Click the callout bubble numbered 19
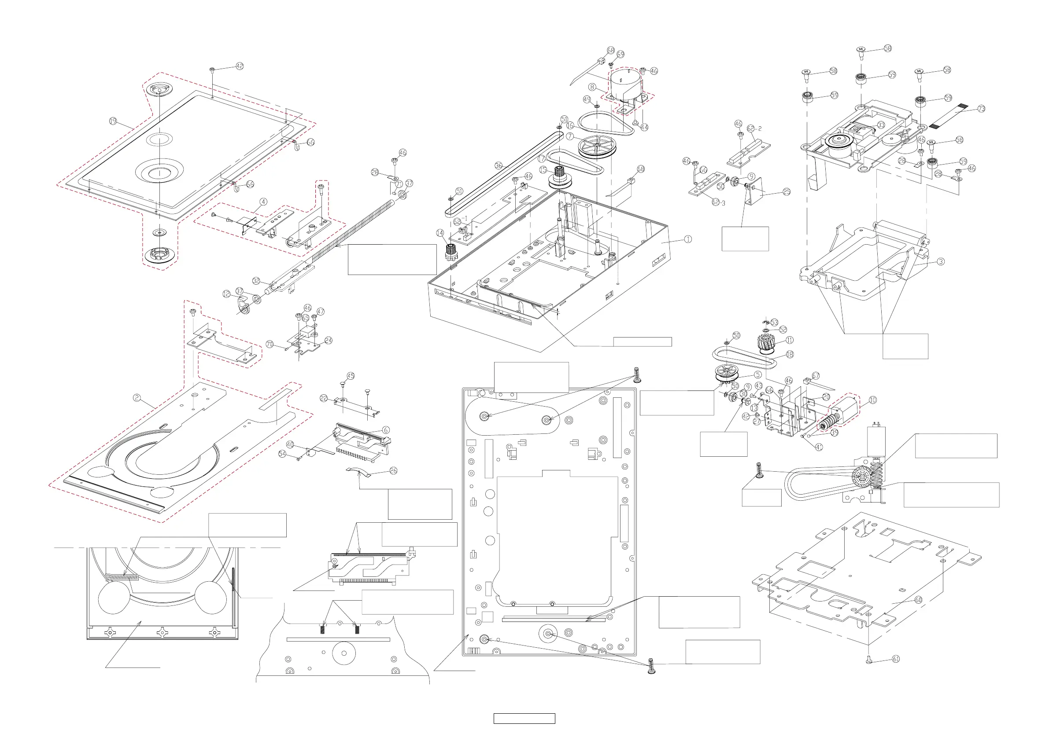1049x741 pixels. pos(113,121)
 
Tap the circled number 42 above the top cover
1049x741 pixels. pos(240,66)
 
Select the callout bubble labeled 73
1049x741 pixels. pos(981,109)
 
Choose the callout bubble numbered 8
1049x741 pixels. pos(592,87)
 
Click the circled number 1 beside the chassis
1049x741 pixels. pos(687,239)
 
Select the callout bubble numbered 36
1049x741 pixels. pos(499,166)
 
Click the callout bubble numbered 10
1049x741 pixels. pos(873,400)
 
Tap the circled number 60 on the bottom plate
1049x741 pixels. pos(918,600)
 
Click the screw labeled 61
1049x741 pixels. pos(869,660)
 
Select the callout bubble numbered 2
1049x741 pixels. pos(137,398)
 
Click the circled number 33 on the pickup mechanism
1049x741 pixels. pos(881,125)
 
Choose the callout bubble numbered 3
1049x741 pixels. pos(941,262)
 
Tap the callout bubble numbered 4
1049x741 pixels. pos(263,202)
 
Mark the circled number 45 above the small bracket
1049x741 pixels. pos(351,376)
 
